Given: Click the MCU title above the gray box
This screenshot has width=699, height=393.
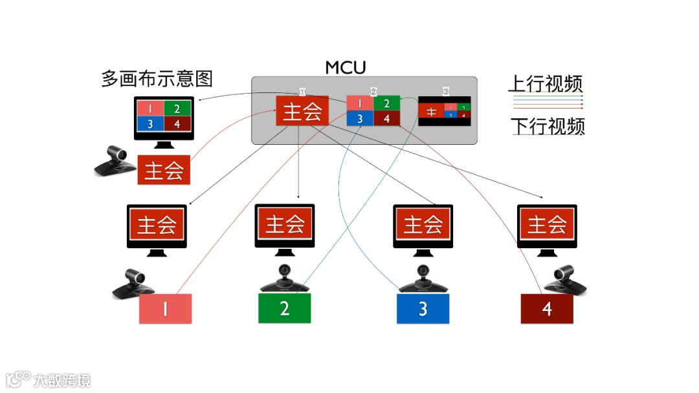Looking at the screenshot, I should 346,67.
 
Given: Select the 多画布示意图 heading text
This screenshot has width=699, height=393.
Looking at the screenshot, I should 157,79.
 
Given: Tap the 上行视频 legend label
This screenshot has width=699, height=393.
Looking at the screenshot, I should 545,83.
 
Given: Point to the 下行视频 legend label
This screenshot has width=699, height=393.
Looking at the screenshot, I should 548,126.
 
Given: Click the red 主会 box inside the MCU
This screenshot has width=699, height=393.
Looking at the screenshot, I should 302,111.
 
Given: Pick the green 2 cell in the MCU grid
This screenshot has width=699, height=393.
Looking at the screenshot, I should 386,103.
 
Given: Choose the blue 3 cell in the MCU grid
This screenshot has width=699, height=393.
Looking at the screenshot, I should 360,118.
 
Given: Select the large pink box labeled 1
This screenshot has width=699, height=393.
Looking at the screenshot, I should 166,309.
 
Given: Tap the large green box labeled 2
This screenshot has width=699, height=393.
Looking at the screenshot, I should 285,308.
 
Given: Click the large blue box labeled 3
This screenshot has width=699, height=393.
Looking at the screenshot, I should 423,308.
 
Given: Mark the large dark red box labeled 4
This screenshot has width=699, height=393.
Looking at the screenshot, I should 547,308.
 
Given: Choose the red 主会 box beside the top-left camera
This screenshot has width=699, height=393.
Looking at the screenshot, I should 164,170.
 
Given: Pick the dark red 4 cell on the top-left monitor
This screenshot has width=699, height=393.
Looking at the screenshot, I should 178,123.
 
